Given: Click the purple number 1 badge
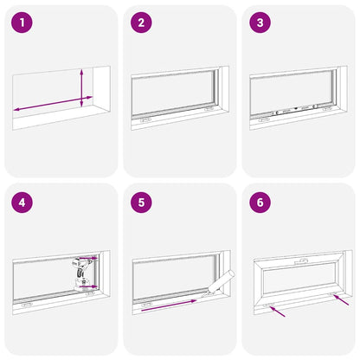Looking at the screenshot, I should (21, 23).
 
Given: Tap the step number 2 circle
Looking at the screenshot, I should (140, 23).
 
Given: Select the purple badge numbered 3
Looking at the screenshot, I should (260, 23).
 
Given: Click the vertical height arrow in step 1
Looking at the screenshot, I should (80, 87).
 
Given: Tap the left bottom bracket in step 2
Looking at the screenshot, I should (147, 120).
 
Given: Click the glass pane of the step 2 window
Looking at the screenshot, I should (173, 93).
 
